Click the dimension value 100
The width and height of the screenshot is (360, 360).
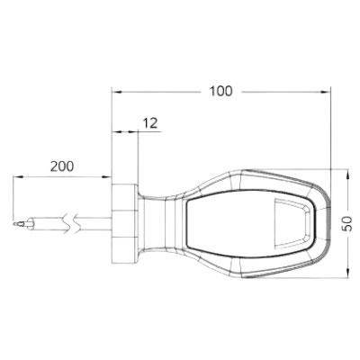[x=220, y=91]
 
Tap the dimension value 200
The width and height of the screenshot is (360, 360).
[x=62, y=167]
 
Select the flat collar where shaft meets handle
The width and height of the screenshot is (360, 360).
[x=123, y=221]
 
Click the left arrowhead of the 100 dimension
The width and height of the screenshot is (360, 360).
[x=115, y=91]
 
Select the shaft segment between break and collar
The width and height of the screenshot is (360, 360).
[x=97, y=221]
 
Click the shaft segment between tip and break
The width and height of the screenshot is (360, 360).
[x=49, y=221]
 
